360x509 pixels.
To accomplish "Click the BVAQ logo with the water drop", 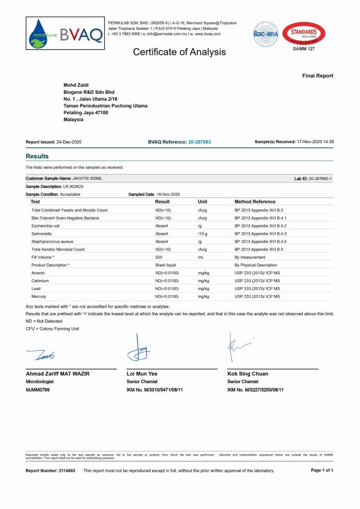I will (66, 34).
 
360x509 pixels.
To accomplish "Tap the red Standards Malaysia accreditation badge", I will (304, 34).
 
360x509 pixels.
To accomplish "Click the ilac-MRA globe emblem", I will (266, 34).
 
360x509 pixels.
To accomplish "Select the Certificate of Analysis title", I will (179, 52).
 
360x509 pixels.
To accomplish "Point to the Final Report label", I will (318, 76).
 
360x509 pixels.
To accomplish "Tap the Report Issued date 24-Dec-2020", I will (69, 142).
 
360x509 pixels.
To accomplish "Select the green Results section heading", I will (37, 156).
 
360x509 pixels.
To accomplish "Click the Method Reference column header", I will (255, 202).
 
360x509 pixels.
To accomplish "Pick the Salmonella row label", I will (43, 234).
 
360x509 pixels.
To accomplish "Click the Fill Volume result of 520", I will (159, 257).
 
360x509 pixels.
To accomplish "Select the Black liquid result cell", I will (166, 265).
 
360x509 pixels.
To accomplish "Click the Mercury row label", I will (39, 296).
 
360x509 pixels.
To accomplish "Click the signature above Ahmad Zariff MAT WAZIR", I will (41, 355).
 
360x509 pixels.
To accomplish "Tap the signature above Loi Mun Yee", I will (138, 348).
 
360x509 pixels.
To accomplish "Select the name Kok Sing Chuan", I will (248, 374).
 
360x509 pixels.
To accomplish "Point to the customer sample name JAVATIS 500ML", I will (88, 178).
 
